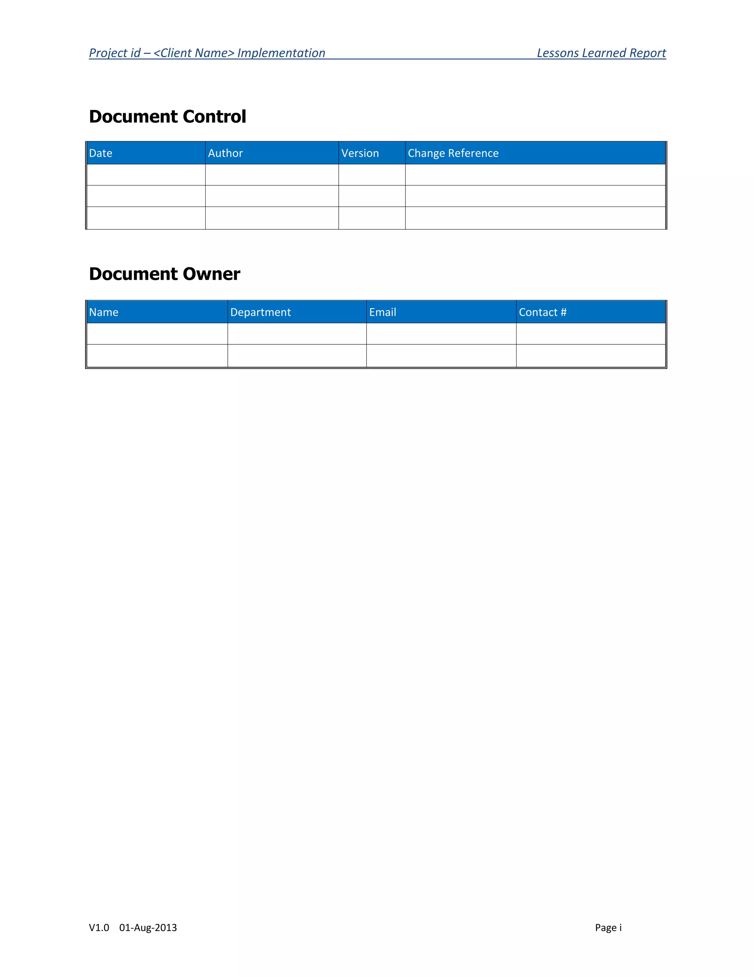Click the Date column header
[101, 153]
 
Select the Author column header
[225, 153]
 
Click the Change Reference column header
[453, 153]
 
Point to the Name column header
[103, 312]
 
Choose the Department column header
[260, 312]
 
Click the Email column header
[382, 312]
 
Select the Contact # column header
[542, 312]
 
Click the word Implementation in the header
[281, 53]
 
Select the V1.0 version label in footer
[99, 927]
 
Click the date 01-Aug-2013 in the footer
[148, 927]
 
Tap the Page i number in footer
[608, 927]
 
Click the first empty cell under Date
[146, 174]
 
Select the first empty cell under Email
[441, 333]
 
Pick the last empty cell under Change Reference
[535, 218]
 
